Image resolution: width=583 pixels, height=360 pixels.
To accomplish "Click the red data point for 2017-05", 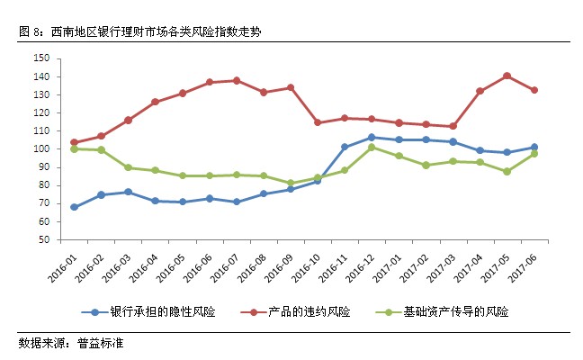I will [507, 76].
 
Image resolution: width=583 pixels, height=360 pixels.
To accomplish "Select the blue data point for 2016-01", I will [74, 207].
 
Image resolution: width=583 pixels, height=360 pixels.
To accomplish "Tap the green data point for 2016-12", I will [372, 147].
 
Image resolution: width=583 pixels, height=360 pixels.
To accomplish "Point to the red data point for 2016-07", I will [237, 80].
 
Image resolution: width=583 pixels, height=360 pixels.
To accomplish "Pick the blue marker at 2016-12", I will [372, 138].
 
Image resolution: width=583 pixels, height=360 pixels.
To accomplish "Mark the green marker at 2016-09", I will [291, 183].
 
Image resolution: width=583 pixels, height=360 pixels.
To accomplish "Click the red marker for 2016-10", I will [318, 122].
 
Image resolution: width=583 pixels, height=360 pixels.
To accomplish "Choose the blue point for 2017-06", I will [534, 147].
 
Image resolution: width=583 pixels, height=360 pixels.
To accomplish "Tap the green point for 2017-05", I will [507, 171].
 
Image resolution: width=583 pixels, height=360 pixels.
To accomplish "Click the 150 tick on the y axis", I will [40, 58].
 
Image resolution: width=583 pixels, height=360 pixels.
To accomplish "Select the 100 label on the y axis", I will [40, 149].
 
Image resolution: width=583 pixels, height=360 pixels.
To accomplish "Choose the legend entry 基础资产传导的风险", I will [453, 312].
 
